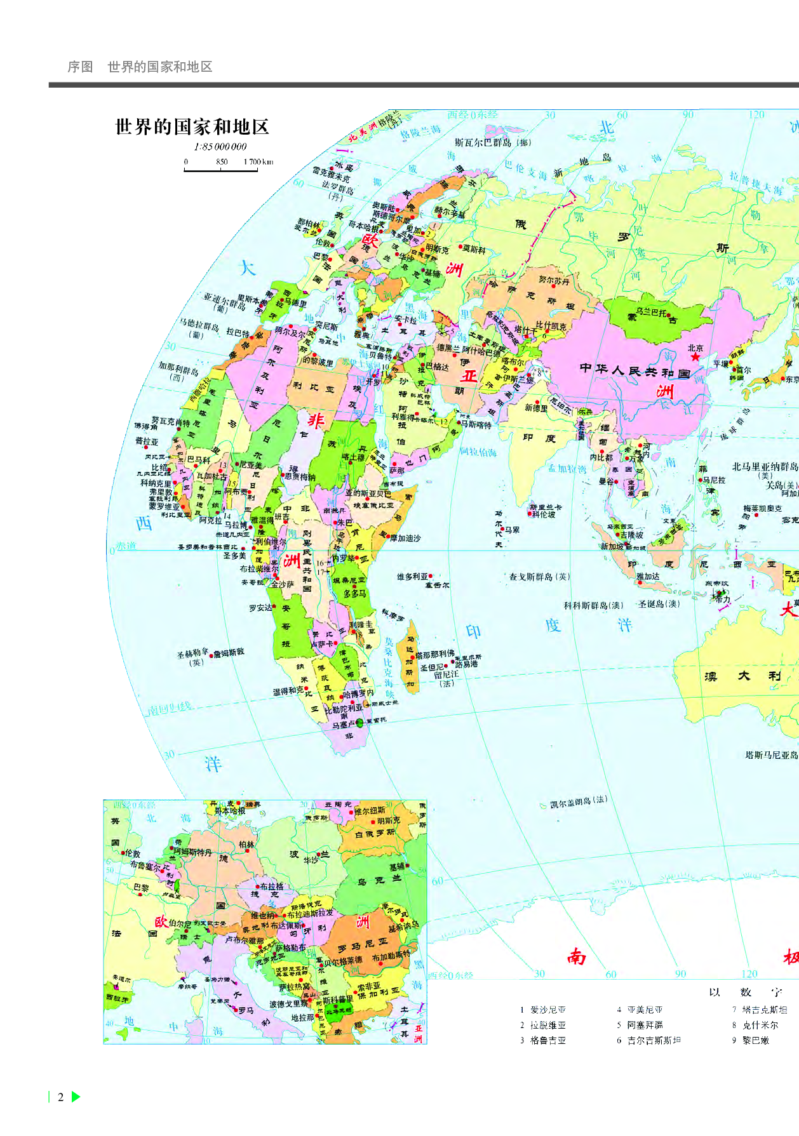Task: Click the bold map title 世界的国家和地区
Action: point(192,127)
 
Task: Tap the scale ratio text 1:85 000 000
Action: point(220,147)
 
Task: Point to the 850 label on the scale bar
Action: point(222,161)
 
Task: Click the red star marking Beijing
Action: point(695,357)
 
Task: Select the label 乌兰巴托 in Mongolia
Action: point(651,313)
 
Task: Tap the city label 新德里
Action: point(536,408)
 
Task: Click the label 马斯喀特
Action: point(476,424)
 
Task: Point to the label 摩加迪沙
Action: point(405,538)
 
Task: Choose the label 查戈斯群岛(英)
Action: point(539,577)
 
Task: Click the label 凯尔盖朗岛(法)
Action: point(578,803)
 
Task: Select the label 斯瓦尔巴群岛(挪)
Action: point(492,143)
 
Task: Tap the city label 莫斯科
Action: point(474,250)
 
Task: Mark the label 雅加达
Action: point(648,577)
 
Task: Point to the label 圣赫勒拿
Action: point(192,652)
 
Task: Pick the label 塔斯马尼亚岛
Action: point(771,755)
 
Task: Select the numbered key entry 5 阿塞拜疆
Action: point(644,1025)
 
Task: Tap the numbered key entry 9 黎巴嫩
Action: point(755,1040)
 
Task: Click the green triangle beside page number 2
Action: point(76,1097)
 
